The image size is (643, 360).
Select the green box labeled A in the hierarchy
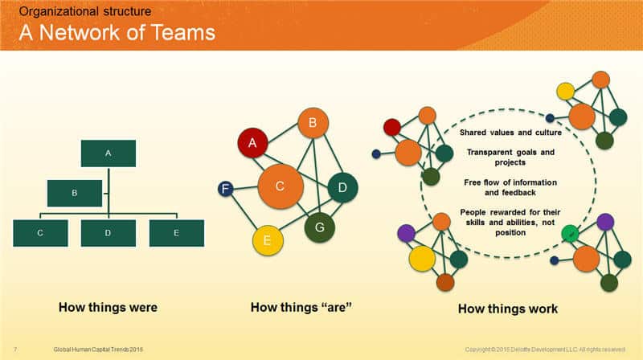click(108, 153)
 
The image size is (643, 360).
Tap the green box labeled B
click(74, 193)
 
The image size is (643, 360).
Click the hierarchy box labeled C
click(40, 233)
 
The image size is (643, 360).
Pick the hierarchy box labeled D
click(108, 233)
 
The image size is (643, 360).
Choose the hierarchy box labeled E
click(176, 233)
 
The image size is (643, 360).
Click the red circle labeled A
click(252, 143)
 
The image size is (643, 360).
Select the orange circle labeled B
click(313, 124)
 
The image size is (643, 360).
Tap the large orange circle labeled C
click(280, 186)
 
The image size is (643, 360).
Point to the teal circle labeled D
click(342, 187)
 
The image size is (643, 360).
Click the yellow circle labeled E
click(268, 240)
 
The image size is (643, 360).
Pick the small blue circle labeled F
click(226, 190)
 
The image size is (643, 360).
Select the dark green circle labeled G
click(319, 227)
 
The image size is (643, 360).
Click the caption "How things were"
click(108, 307)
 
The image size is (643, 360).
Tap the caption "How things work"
click(507, 309)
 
